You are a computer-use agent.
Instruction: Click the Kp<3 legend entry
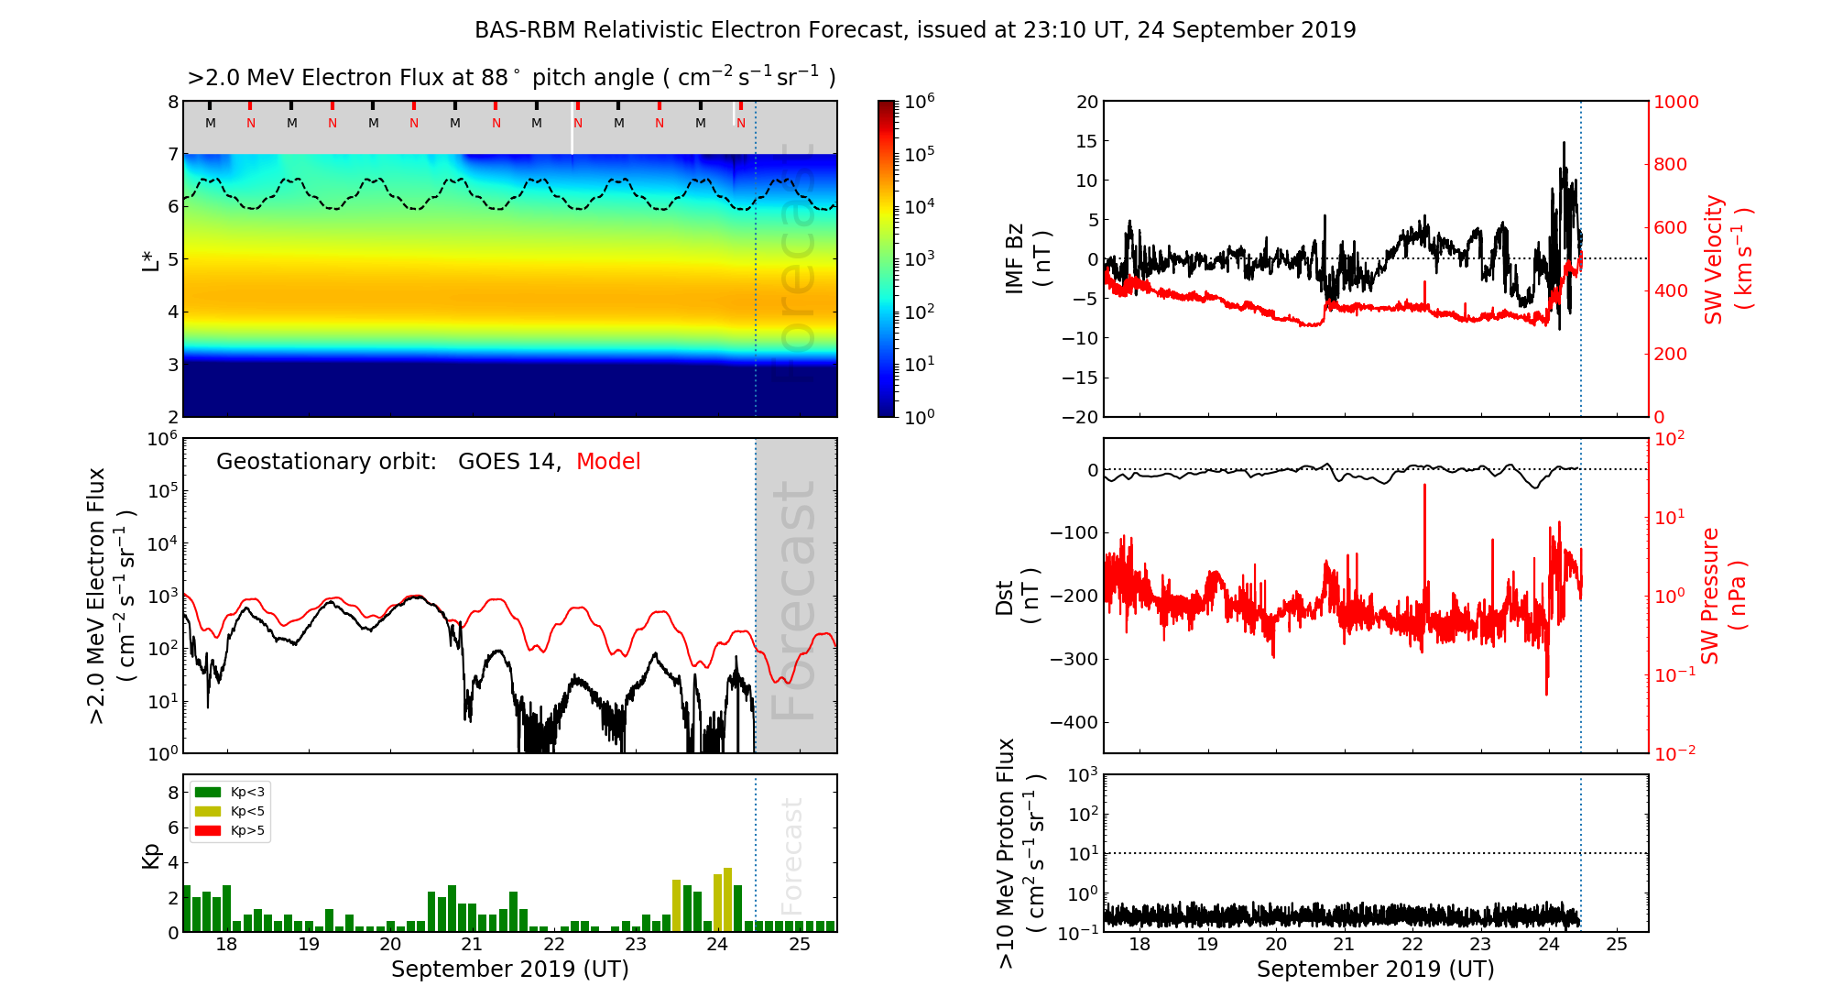(x=230, y=792)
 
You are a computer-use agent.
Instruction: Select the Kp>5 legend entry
(x=230, y=831)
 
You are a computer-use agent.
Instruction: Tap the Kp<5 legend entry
(x=230, y=811)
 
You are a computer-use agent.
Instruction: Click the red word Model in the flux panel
(x=608, y=462)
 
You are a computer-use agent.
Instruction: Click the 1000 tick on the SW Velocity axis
(x=1675, y=102)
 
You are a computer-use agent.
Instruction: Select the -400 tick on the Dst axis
(x=1073, y=722)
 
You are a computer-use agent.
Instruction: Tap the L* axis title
(x=150, y=258)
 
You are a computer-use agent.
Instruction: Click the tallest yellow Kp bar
(x=727, y=899)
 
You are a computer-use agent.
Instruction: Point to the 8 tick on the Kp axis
(x=173, y=793)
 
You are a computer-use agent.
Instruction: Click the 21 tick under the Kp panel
(x=472, y=945)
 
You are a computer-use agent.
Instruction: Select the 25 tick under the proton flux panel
(x=1617, y=945)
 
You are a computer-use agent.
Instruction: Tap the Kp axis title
(x=150, y=855)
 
